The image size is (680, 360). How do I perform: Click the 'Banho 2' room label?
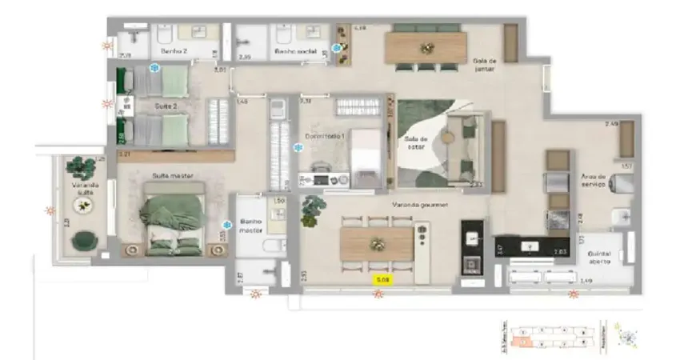pos(174,50)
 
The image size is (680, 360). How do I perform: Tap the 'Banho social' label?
pos(295,50)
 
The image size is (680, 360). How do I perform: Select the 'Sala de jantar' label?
pos(486,64)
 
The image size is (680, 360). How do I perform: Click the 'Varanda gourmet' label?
pos(419,206)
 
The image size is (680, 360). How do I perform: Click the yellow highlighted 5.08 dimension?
pos(383,279)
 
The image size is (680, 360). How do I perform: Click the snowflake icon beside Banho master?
pos(227,226)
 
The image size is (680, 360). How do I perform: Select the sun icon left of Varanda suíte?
pos(50,211)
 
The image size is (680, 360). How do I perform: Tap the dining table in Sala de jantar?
pos(425,47)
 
